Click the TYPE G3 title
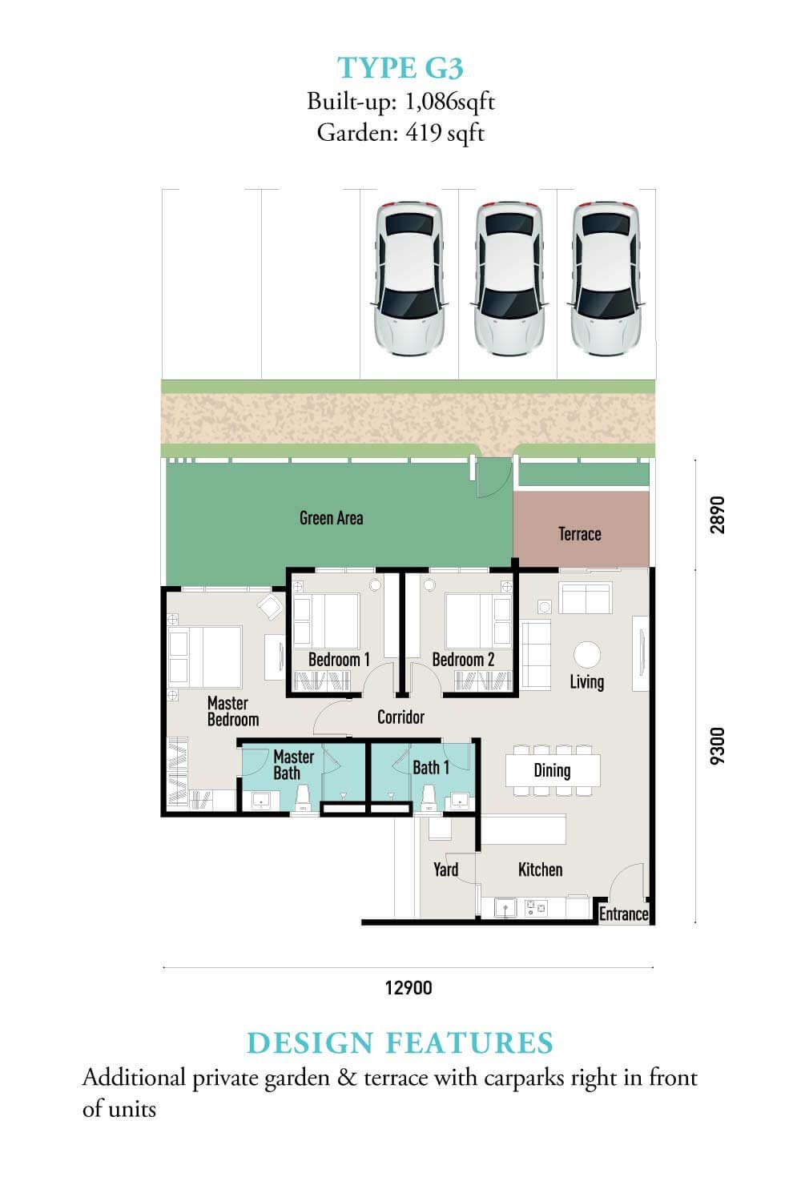(x=400, y=68)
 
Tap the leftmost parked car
(x=409, y=279)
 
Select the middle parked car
(x=509, y=279)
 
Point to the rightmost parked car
(x=606, y=279)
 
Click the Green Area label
(x=331, y=518)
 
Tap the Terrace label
(x=579, y=534)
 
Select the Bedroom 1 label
(x=339, y=660)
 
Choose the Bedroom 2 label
(x=463, y=660)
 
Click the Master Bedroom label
(x=233, y=711)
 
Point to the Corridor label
(x=400, y=717)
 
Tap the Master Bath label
(x=293, y=765)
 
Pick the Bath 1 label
(x=431, y=768)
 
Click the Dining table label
(x=552, y=770)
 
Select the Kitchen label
(x=540, y=869)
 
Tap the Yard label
(x=446, y=869)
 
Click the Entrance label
(x=623, y=914)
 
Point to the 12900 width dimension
(x=409, y=987)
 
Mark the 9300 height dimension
(x=718, y=745)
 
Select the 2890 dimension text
(x=718, y=515)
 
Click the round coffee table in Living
(x=587, y=655)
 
